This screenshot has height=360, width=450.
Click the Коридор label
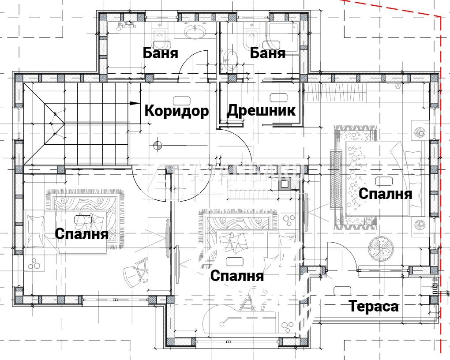click(176, 110)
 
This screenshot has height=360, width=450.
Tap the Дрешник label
click(261, 110)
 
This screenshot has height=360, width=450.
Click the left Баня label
click(160, 53)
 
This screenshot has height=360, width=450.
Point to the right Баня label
click(267, 53)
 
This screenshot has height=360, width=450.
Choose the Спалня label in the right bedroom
click(385, 193)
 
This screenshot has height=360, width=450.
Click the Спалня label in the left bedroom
click(82, 233)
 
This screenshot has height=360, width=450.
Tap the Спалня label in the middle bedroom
click(237, 276)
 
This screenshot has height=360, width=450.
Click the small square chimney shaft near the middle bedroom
click(285, 184)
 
